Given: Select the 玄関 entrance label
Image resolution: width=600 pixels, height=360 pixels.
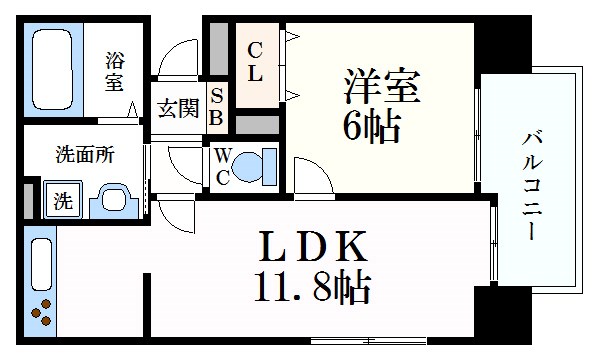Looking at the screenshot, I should pyautogui.click(x=178, y=108).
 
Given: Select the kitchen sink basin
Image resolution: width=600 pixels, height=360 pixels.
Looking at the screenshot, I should pyautogui.click(x=41, y=263).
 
